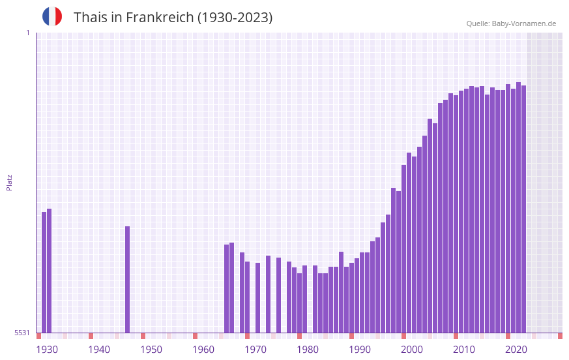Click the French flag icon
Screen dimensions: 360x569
[52, 16]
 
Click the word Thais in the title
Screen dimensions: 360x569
[91, 18]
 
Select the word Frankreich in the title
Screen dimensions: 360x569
[156, 18]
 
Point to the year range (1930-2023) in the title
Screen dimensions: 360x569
[235, 18]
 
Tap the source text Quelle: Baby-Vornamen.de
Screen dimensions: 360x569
[511, 23]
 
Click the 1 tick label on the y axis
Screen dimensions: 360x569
[27, 33]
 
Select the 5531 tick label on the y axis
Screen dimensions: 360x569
[22, 333]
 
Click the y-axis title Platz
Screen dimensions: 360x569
[9, 182]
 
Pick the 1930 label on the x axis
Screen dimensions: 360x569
[47, 350]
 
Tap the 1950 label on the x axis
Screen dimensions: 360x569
[151, 350]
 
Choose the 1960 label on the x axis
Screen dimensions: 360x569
[203, 350]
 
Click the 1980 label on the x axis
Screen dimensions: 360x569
[308, 350]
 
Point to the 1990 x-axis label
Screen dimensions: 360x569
[360, 350]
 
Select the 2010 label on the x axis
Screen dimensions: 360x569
[464, 350]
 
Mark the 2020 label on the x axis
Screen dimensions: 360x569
[516, 350]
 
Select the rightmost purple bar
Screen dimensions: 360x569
[523, 209]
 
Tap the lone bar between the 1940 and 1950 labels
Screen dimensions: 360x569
[127, 280]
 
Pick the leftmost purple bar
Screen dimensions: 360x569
[44, 273]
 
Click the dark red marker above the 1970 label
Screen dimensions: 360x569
[247, 336]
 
